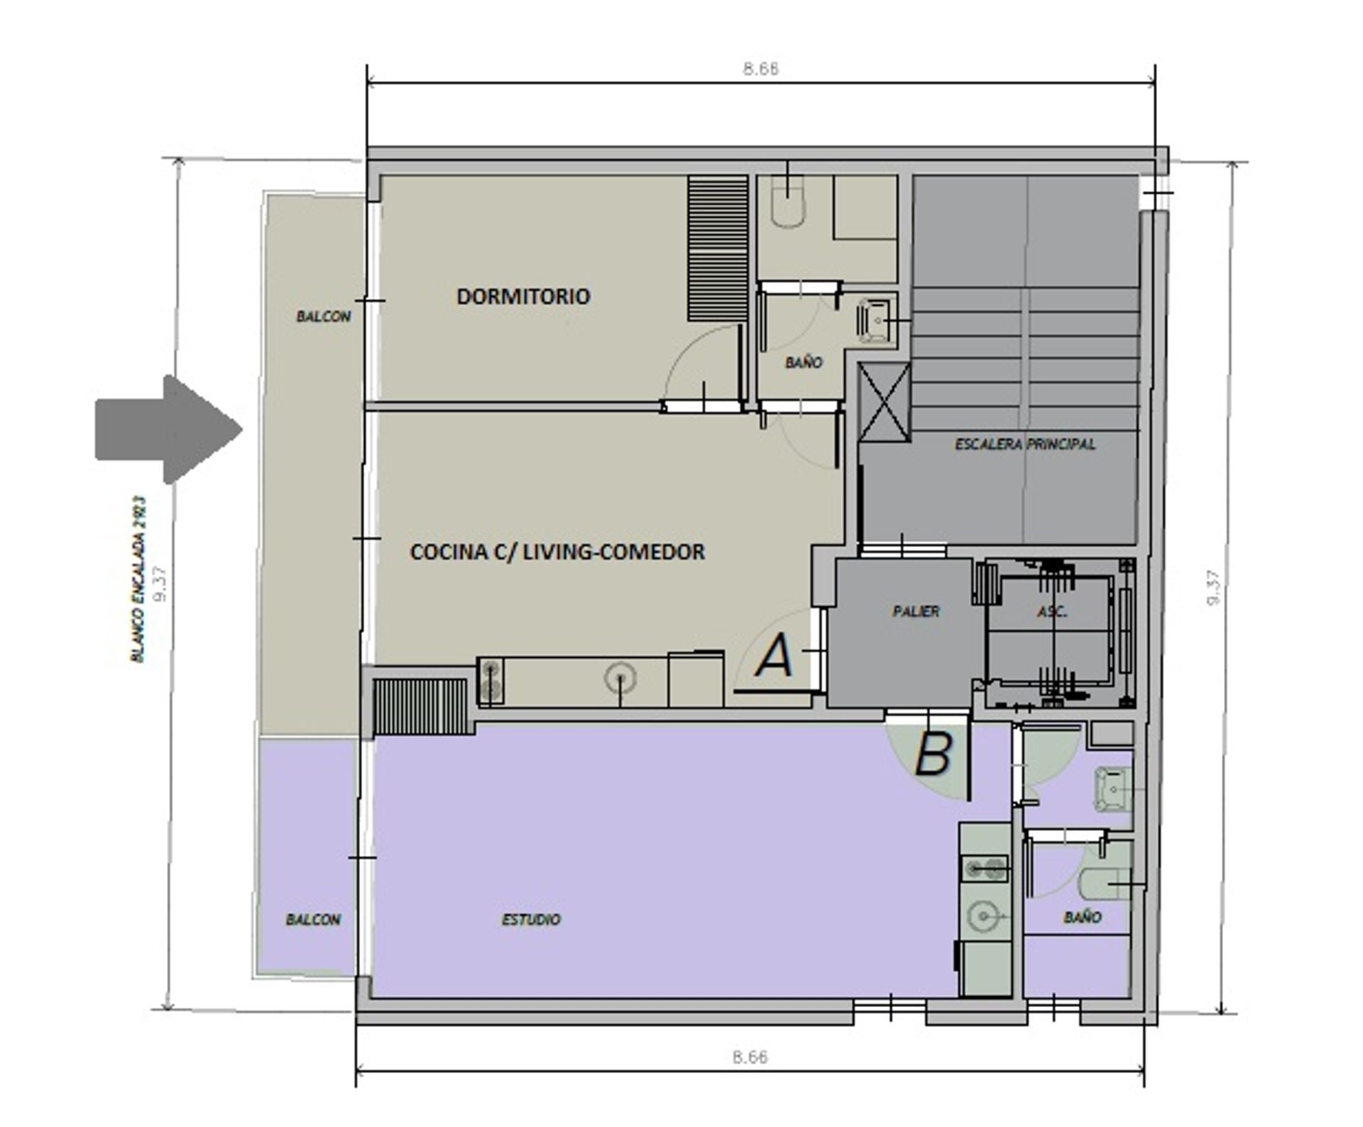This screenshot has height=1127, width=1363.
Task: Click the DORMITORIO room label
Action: [x=523, y=296]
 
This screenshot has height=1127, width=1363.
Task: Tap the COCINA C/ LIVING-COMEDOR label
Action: [x=557, y=551]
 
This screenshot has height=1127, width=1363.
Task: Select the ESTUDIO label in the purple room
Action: [x=531, y=919]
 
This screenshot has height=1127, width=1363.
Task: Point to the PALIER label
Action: [x=916, y=611]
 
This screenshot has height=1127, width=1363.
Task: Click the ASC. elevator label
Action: [x=1052, y=611]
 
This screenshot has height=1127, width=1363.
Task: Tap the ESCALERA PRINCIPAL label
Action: [x=1024, y=444]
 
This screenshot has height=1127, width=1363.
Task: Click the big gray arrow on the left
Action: [x=169, y=429]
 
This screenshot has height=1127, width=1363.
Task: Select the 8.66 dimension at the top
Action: [x=760, y=69]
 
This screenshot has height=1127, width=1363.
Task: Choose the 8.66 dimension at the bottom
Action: [x=750, y=1057]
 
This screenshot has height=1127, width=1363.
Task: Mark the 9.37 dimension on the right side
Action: [x=1213, y=588]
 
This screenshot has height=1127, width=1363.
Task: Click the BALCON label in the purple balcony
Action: [x=313, y=919]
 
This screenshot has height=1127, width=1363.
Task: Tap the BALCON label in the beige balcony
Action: [x=323, y=317]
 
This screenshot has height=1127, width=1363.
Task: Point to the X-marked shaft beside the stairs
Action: [x=884, y=402]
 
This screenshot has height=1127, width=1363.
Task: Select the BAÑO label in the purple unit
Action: [x=1083, y=917]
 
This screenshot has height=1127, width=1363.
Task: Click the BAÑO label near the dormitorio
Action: [x=804, y=363]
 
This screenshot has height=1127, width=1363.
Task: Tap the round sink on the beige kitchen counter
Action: [x=620, y=678]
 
